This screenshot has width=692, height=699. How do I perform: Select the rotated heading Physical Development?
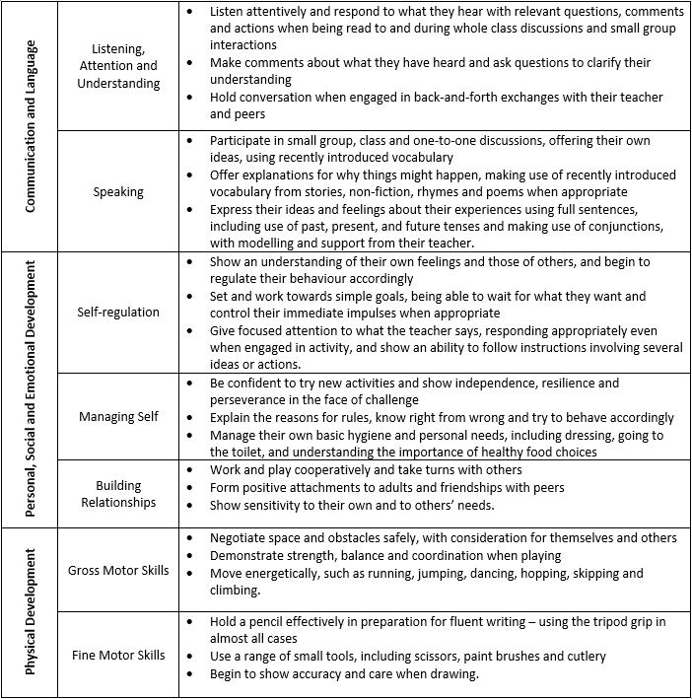tap(32, 611)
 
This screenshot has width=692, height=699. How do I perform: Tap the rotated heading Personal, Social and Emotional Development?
tap(32, 388)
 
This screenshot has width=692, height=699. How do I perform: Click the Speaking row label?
tap(118, 193)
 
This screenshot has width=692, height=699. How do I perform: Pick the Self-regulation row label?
tap(118, 312)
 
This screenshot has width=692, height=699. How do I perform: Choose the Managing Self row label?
tap(118, 416)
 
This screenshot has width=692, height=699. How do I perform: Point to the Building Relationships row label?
tap(118, 493)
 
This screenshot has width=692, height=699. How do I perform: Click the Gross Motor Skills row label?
tap(118, 570)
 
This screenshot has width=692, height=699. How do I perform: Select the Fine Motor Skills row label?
tap(118, 654)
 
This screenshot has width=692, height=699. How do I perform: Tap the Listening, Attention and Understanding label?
tap(118, 65)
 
